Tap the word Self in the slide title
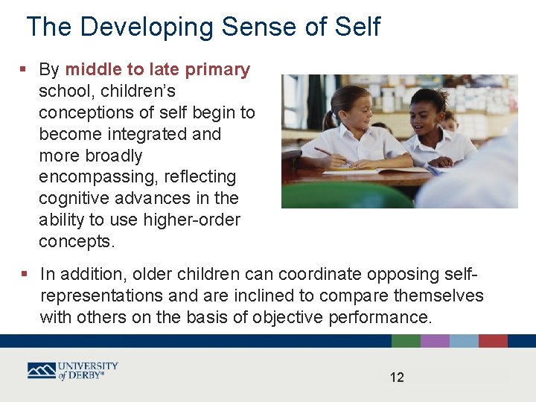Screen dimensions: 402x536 pyautogui.click(x=356, y=27)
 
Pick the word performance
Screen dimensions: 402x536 pyautogui.click(x=379, y=317)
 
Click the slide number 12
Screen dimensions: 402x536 pyautogui.click(x=397, y=377)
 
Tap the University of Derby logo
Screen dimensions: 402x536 pyautogui.click(x=73, y=371)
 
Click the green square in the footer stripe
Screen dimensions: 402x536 pyautogui.click(x=406, y=341)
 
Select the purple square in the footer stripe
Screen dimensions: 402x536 pyautogui.click(x=435, y=341)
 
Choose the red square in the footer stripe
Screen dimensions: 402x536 pyautogui.click(x=493, y=341)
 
